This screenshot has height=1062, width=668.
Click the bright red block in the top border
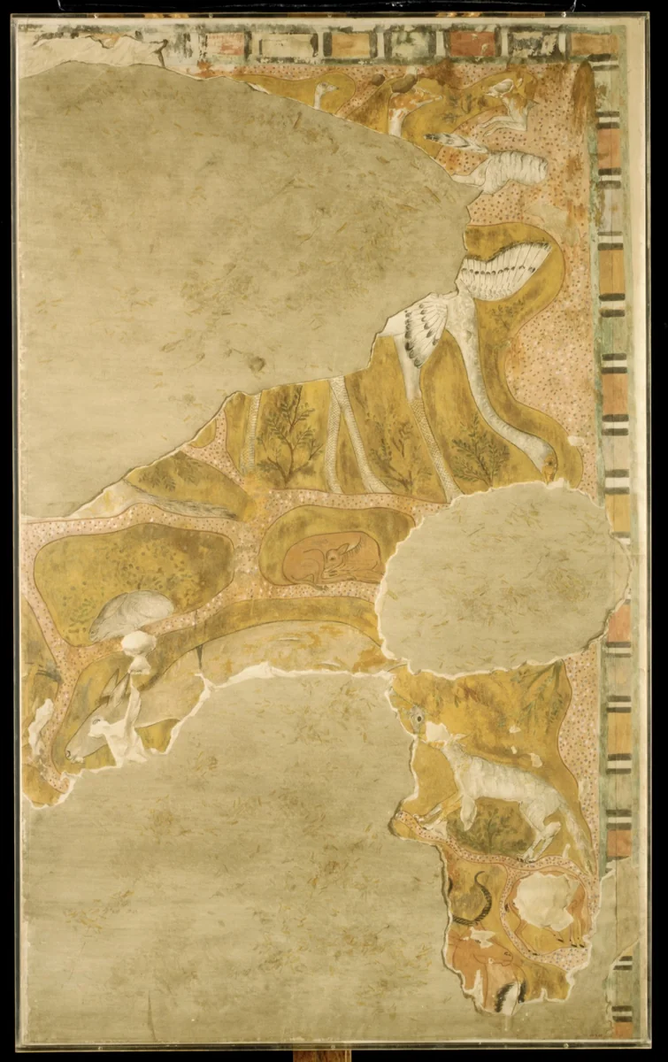coord(473,42)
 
